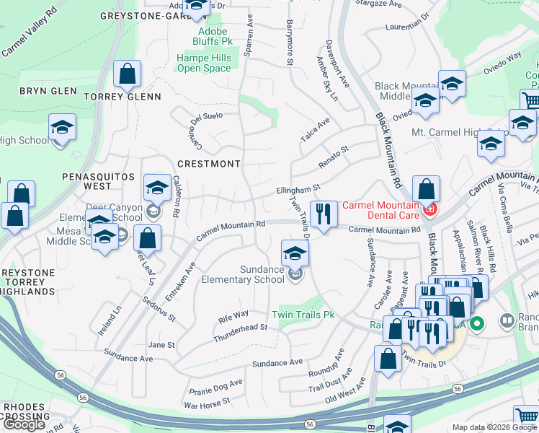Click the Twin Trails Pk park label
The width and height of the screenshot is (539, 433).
pos(303,315)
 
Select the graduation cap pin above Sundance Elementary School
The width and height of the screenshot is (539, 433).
pos(295,253)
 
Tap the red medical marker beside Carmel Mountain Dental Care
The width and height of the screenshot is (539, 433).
pos(429,210)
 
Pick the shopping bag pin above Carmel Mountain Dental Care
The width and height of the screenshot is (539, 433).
pos(426,190)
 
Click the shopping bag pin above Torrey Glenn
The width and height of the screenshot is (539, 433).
pos(127,74)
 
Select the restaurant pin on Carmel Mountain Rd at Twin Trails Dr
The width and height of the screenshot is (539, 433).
pos(324,214)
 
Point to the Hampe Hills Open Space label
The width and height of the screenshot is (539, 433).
pos(204,64)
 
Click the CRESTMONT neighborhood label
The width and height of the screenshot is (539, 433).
pos(208,164)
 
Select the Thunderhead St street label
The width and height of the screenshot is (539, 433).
pos(240,333)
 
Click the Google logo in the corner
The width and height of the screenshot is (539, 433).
pos(24,424)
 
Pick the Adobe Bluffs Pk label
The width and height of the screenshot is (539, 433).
pos(212,36)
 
